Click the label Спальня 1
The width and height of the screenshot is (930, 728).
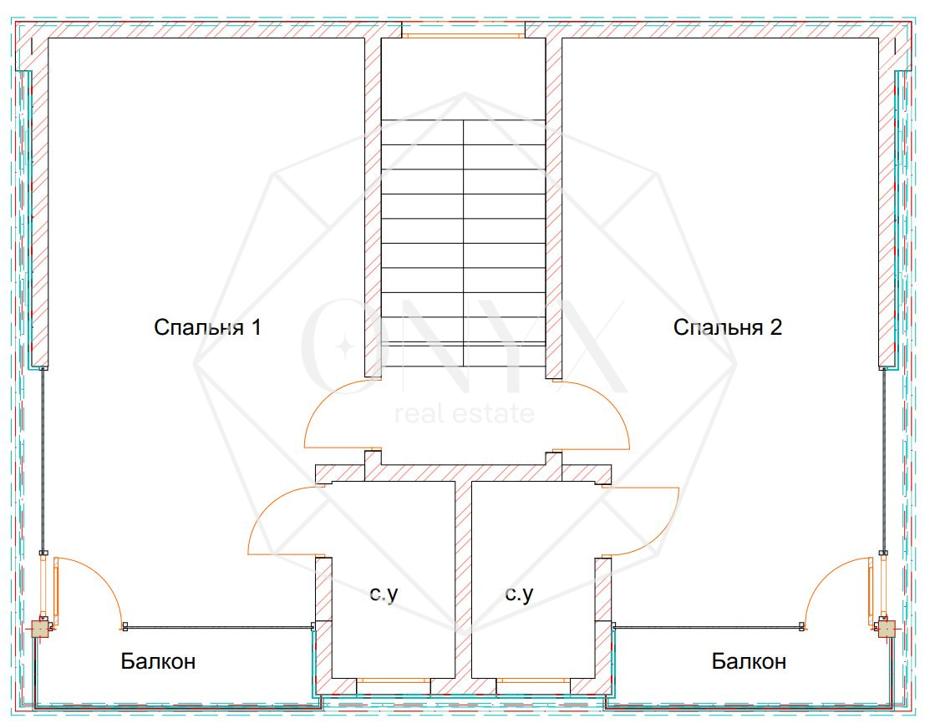tap(207, 327)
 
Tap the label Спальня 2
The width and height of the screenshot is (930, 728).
tap(727, 327)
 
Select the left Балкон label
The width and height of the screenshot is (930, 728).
tap(158, 662)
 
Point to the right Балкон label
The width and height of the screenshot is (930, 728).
tap(749, 662)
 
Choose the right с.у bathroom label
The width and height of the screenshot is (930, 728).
tap(518, 594)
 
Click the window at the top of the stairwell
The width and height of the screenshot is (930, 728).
tap(463, 36)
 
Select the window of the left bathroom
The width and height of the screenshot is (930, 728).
tap(394, 680)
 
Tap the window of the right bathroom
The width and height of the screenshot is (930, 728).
tap(533, 680)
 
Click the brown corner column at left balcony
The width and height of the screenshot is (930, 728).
tap(40, 629)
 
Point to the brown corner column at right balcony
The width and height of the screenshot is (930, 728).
tap(886, 628)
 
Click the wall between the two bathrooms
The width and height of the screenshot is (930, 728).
tap(463, 584)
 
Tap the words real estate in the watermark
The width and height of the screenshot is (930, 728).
tap(464, 413)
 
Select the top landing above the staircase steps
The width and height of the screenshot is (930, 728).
tap(463, 79)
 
